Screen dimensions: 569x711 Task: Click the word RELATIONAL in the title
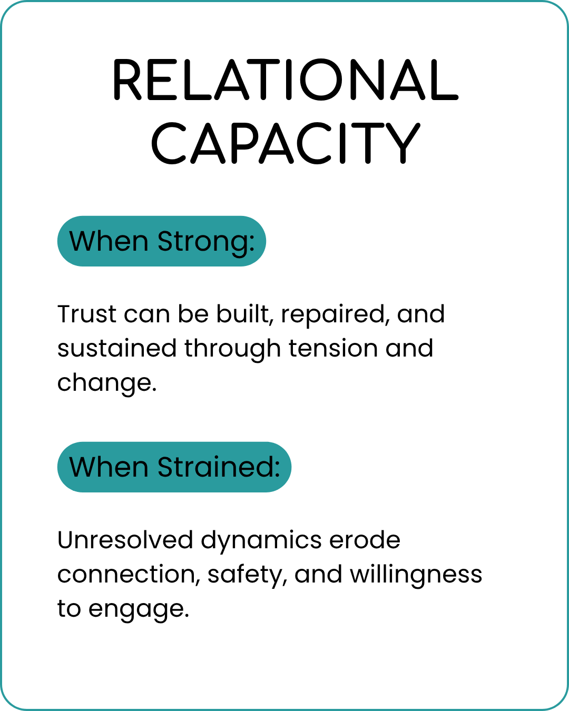coord(286,80)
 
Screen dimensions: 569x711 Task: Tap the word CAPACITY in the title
coord(286,143)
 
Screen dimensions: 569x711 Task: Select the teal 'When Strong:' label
coord(162,241)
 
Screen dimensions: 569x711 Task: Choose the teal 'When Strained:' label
coord(174,467)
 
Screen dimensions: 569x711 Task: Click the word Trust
coord(86,314)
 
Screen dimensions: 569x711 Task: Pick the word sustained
coord(117,348)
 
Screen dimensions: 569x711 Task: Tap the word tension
coord(333,348)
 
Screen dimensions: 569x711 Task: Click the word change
coord(107,383)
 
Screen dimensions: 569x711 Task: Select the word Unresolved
coord(125,540)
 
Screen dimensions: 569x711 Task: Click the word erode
coord(365,540)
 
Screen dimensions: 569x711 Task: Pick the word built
coord(245,314)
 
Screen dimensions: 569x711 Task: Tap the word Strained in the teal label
coord(219,467)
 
